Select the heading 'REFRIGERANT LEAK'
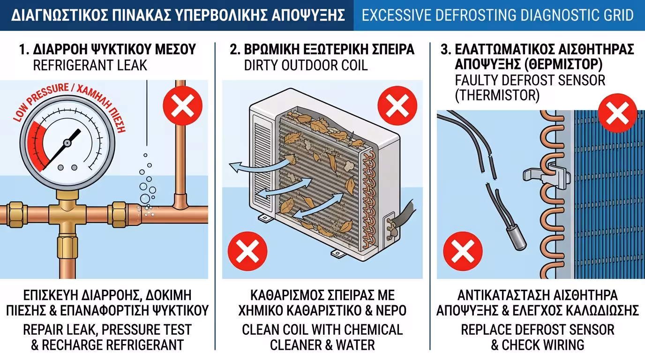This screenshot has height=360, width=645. pyautogui.click(x=90, y=65)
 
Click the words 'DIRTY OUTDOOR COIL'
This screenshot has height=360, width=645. pyautogui.click(x=306, y=65)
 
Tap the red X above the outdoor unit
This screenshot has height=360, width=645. pyautogui.click(x=397, y=106)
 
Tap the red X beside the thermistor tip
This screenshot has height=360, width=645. pyautogui.click(x=463, y=252)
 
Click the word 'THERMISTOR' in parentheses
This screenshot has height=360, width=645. pyautogui.click(x=497, y=95)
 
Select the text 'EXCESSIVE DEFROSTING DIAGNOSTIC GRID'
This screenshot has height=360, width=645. pyautogui.click(x=498, y=15)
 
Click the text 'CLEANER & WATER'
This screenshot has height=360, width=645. pyautogui.click(x=322, y=345)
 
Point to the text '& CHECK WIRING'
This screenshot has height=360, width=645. pyautogui.click(x=538, y=345)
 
